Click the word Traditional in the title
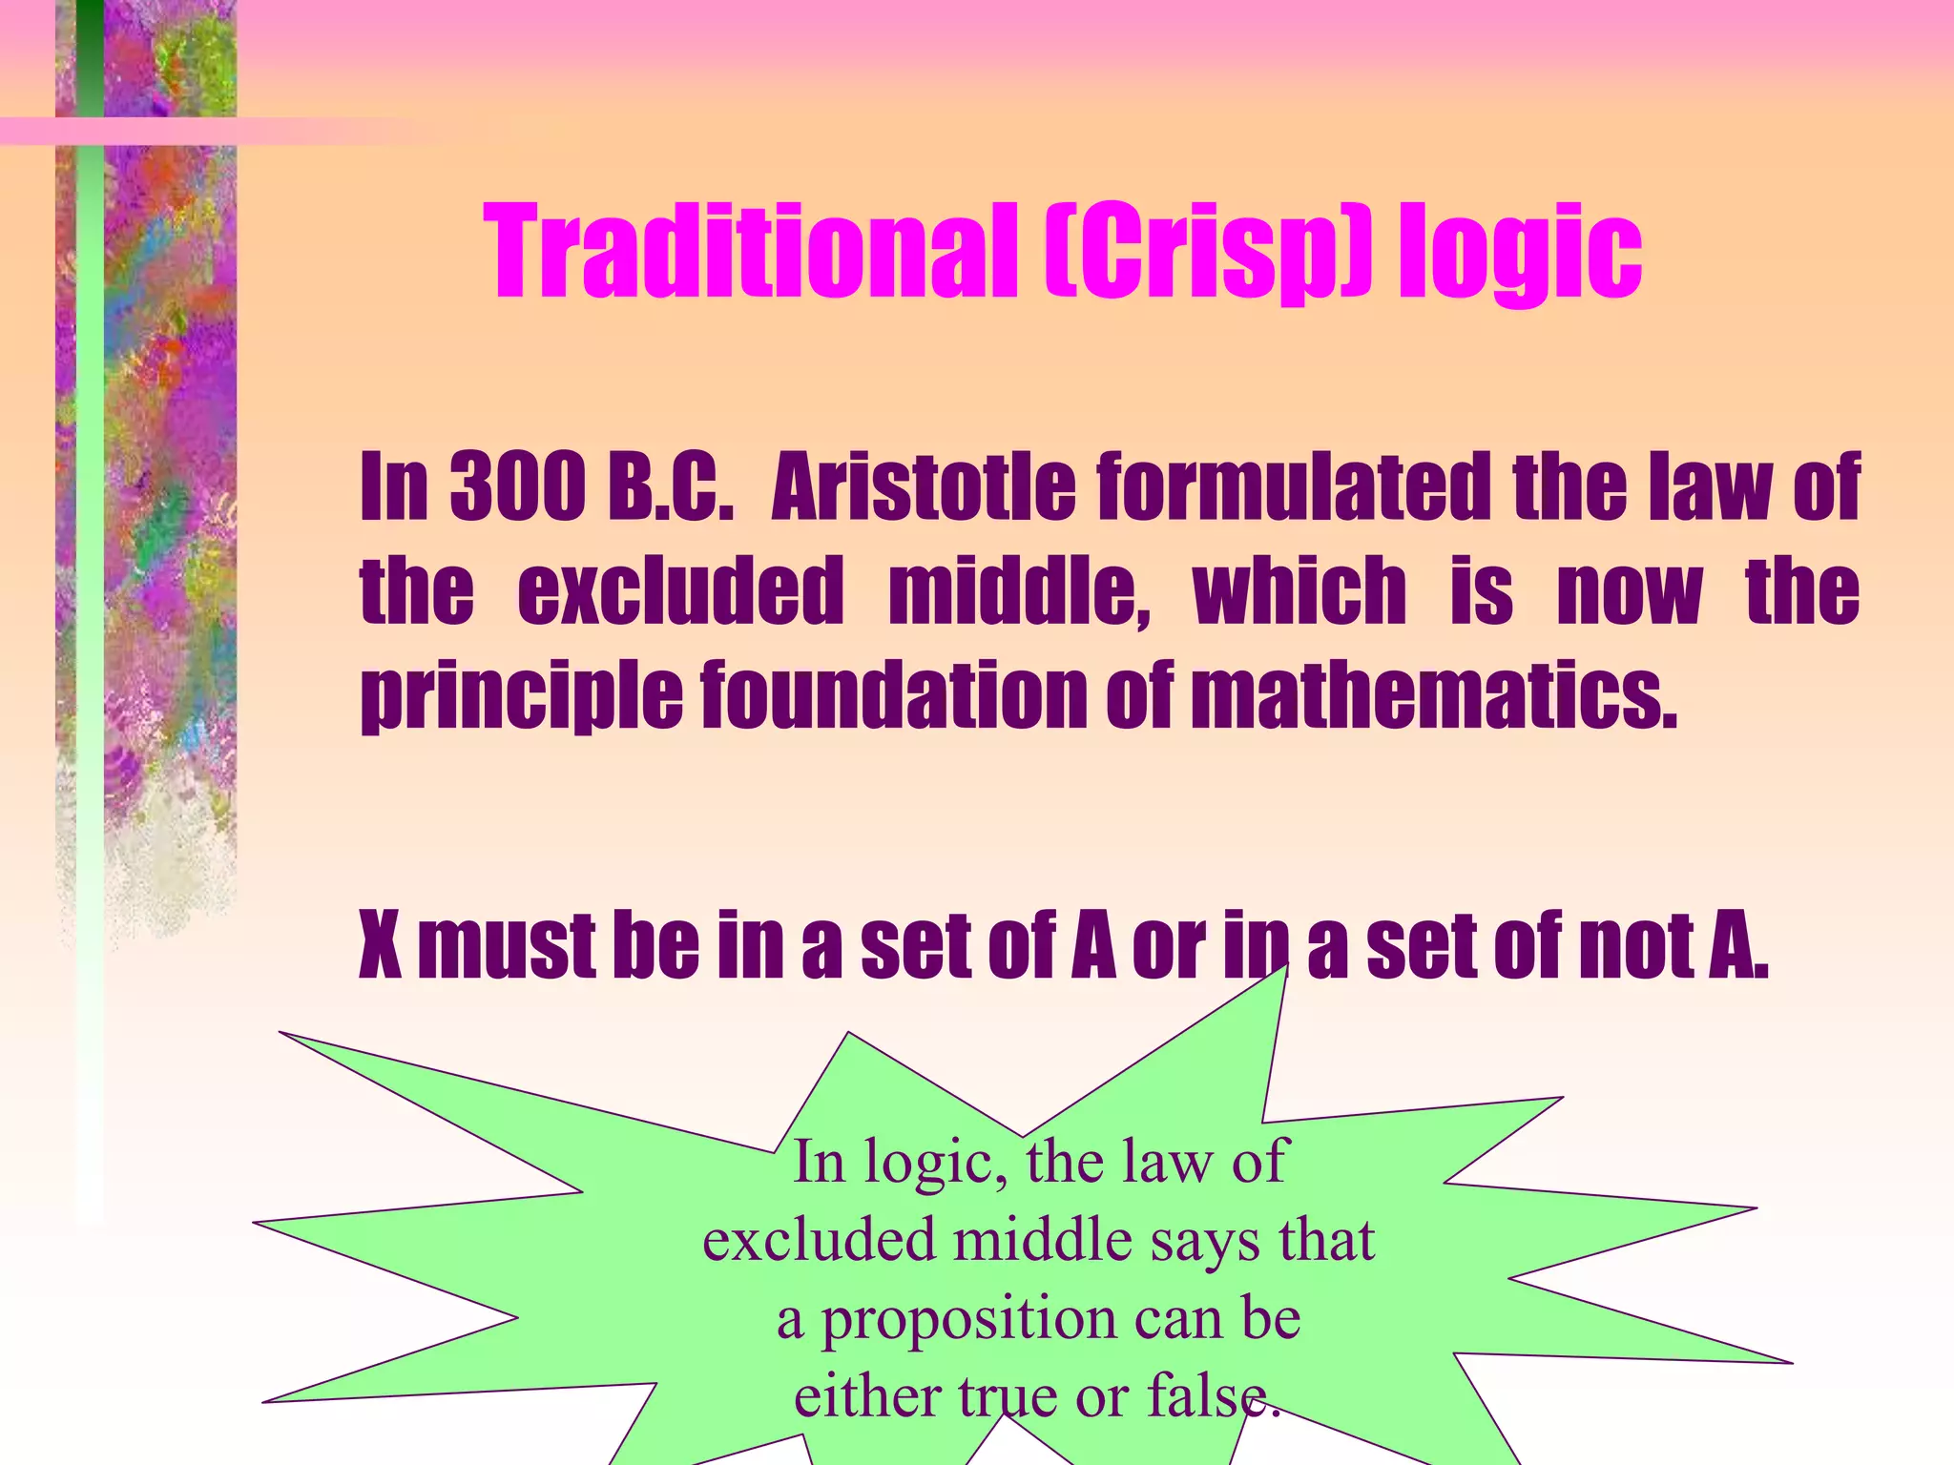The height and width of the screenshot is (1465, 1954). click(749, 253)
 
